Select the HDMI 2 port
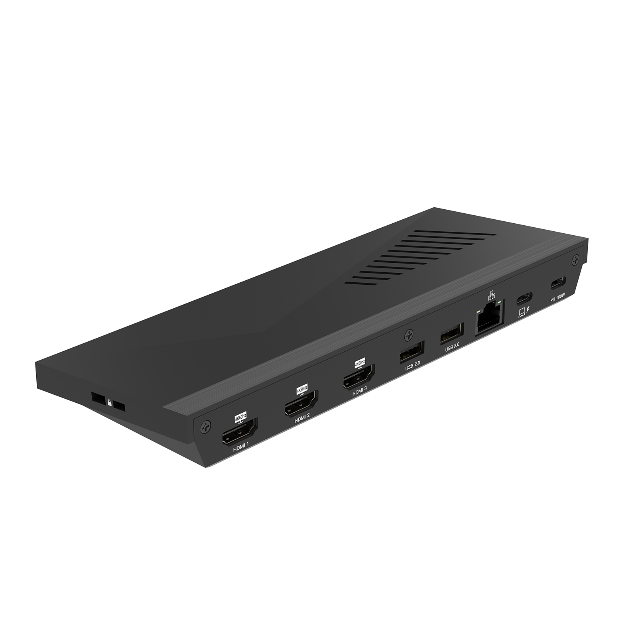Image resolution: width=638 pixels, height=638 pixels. click(301, 406)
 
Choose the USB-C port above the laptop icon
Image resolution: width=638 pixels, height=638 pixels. click(524, 298)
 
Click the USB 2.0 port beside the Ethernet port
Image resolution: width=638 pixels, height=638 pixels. click(452, 332)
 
